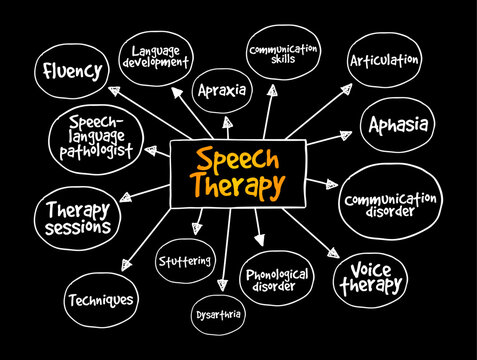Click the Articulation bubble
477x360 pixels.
(x=382, y=60)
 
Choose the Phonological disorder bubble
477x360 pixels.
(x=278, y=281)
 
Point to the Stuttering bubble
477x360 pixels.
(x=186, y=262)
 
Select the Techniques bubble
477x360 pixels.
(x=101, y=297)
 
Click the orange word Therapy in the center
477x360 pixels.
(x=240, y=186)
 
